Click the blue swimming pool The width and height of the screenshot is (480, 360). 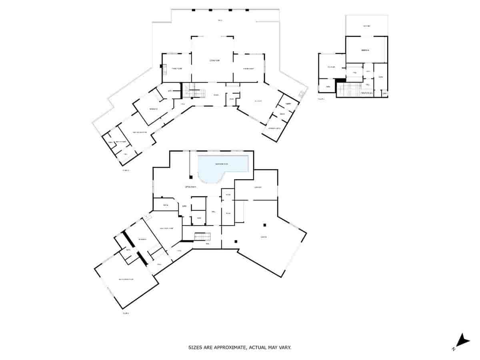[x=222, y=167]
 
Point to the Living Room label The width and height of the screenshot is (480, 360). [x=214, y=60]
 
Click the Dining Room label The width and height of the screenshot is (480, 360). [x=249, y=69]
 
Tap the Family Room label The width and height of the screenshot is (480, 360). [x=177, y=69]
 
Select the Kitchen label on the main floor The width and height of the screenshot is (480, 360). [x=258, y=101]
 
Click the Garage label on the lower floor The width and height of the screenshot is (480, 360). [x=264, y=237]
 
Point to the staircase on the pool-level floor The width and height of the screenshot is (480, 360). [x=202, y=237]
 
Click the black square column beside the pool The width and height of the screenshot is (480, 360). [x=191, y=177]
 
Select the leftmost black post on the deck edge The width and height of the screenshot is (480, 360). [x=194, y=10]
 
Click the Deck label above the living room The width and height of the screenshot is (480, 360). [x=220, y=20]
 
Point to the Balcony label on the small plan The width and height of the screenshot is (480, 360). [x=366, y=26]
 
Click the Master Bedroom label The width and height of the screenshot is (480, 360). [x=140, y=132]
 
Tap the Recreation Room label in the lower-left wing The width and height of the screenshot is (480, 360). [x=126, y=279]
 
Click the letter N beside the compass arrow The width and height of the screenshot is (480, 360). [x=454, y=349]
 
